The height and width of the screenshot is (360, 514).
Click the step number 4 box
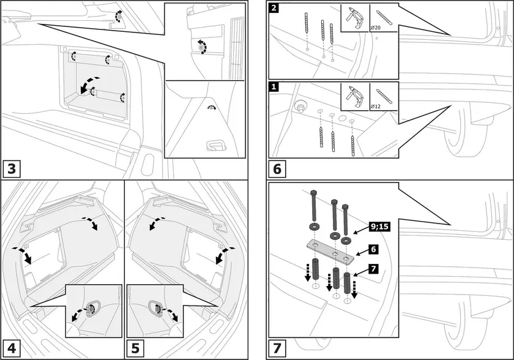12,348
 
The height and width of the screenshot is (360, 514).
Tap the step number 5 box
135,348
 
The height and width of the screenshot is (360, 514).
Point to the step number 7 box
277,348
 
